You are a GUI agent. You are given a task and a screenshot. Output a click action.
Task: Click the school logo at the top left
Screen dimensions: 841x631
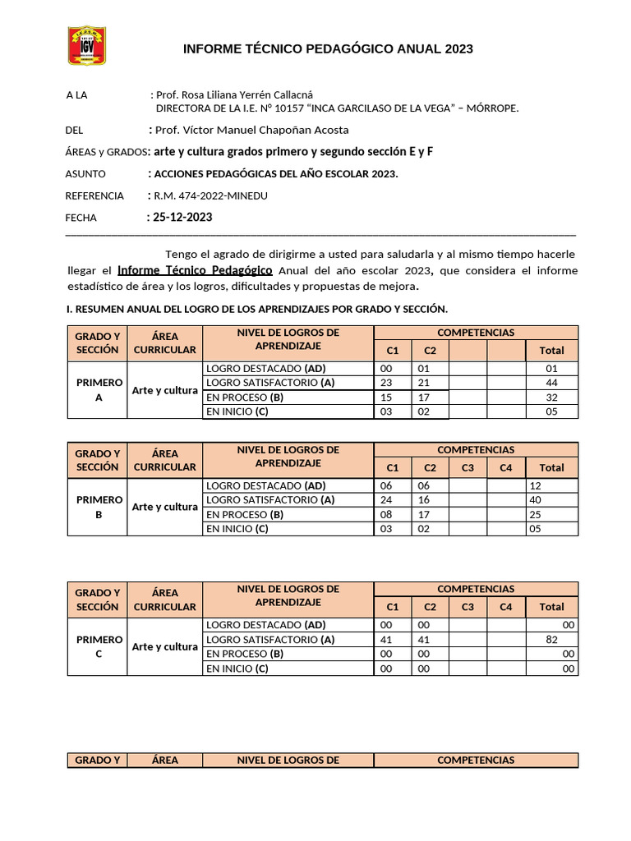coord(86,46)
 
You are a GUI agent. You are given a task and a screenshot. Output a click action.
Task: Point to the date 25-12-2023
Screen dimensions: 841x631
coord(182,218)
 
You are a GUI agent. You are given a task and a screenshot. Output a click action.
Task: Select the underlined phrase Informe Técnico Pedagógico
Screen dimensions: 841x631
coord(196,270)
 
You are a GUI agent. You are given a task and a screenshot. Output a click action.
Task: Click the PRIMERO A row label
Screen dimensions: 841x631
coord(99,390)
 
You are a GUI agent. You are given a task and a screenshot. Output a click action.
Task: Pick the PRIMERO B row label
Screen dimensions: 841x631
coord(99,507)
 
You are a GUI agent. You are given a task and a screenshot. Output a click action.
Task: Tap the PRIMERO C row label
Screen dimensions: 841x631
coord(99,647)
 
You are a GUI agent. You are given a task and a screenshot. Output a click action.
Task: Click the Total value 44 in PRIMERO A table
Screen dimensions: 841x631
coord(551,384)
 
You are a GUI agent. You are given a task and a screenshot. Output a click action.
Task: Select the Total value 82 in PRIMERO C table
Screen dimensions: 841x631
coord(551,640)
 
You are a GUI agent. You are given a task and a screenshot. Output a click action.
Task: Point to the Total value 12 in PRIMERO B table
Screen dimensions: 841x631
coord(537,486)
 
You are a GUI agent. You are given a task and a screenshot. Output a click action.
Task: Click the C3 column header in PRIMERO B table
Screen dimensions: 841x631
coord(467,467)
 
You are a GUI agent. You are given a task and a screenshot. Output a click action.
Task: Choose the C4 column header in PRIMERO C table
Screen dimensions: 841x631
coord(506,607)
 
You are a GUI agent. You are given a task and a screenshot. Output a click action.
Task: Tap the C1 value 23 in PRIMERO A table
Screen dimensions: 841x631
coord(387,384)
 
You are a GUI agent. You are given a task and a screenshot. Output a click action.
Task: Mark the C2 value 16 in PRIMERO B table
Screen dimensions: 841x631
coord(424,500)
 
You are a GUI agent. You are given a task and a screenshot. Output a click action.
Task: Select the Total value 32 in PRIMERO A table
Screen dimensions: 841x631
coord(551,398)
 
